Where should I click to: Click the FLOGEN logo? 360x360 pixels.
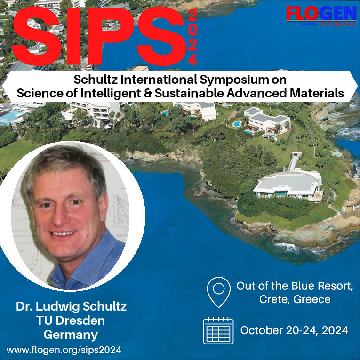(321, 16)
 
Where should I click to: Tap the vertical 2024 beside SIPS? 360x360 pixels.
(192, 38)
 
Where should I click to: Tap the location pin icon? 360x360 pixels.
(218, 292)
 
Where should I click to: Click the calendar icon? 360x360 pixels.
(218, 331)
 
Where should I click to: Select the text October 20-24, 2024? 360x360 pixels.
(294, 330)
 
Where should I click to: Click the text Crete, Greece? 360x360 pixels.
(295, 299)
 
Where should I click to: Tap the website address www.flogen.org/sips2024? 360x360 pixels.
(64, 350)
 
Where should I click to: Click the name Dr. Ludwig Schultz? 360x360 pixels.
(71, 306)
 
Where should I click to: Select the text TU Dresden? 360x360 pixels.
(71, 320)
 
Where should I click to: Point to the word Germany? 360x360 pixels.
(71, 335)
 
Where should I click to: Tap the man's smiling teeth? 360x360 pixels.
(63, 234)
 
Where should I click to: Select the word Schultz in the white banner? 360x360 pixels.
(96, 80)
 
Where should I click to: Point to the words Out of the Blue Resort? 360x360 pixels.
(295, 286)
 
